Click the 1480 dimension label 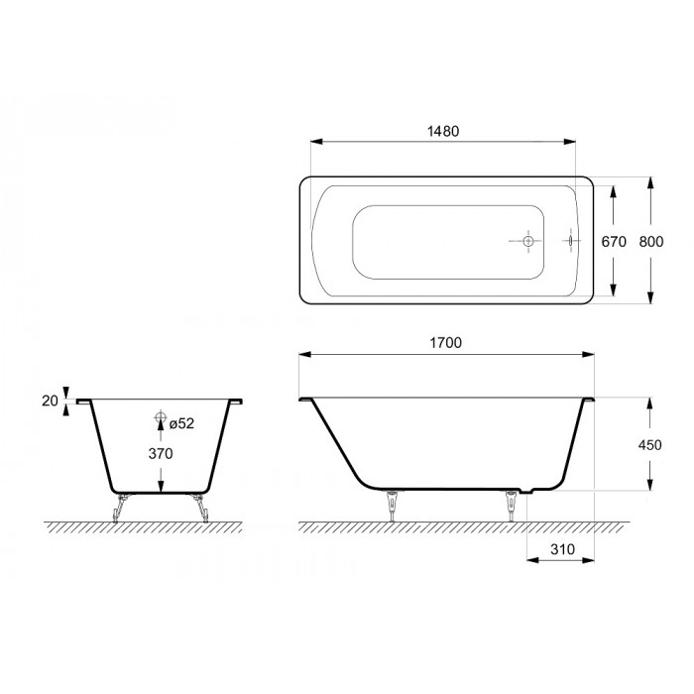(x=443, y=132)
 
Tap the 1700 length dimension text (x=446, y=343)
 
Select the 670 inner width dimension (x=614, y=242)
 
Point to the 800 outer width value (x=651, y=242)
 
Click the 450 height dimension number (x=649, y=445)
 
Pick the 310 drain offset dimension (x=562, y=549)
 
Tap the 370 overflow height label (x=161, y=454)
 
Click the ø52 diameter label (x=181, y=423)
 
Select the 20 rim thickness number (x=50, y=401)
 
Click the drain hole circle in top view (x=528, y=241)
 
